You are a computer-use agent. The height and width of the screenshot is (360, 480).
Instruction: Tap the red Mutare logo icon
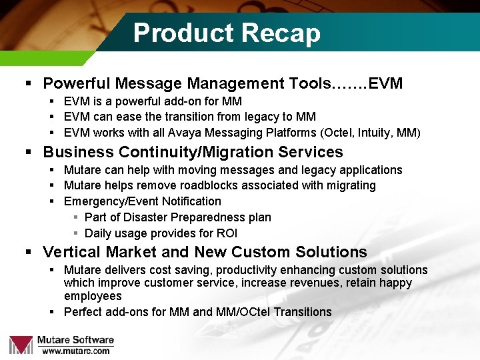click(x=21, y=344)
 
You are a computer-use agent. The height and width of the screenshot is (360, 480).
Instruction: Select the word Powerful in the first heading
click(x=77, y=83)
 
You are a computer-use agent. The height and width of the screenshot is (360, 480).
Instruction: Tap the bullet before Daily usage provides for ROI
click(x=77, y=233)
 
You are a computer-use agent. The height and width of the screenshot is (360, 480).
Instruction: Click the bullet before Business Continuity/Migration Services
click(x=29, y=152)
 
